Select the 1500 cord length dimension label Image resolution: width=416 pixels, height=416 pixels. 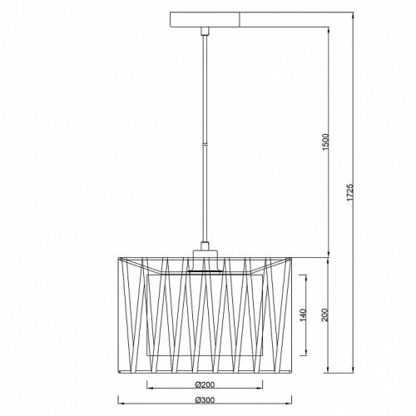coord(326,142)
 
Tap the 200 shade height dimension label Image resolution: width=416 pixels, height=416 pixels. coord(326,314)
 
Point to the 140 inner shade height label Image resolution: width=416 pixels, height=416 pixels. coord(303,315)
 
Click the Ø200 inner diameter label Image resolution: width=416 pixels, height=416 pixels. coord(205,385)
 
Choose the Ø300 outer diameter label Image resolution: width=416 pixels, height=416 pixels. coord(205,400)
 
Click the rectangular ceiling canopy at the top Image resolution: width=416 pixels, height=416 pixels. coord(205,20)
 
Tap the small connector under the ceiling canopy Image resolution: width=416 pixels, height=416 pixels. coord(205,31)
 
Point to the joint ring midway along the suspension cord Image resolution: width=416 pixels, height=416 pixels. coord(205,144)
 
